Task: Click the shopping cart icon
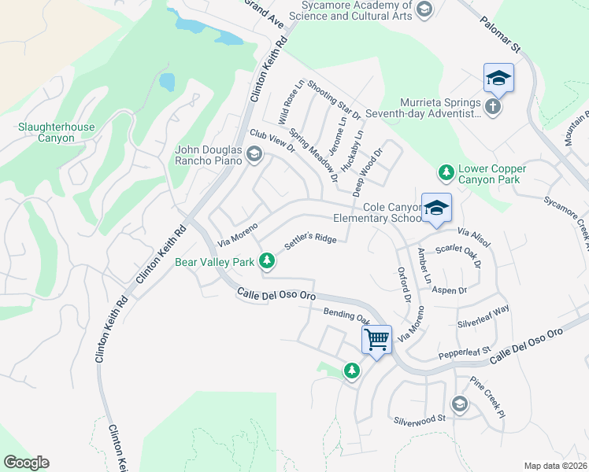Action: coord(377,340)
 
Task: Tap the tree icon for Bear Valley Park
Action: coord(268,260)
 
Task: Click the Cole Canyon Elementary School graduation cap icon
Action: coord(436,208)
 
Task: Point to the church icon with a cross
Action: coord(493,106)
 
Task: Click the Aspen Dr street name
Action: coord(451,290)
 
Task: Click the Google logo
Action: coord(26,463)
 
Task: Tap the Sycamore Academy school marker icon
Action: coord(424,9)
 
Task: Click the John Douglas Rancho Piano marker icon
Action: coord(254,155)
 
